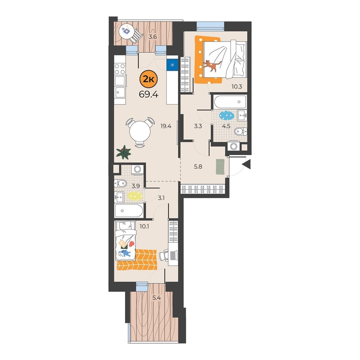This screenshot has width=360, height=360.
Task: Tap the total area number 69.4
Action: coord(148,95)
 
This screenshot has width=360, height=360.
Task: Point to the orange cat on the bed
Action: coord(212,66)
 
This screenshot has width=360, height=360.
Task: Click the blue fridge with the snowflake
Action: coord(172,65)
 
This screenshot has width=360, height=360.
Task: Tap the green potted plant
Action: coord(123,152)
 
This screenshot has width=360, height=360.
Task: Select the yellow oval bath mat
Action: coord(135,196)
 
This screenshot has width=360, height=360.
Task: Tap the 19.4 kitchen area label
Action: coord(166,126)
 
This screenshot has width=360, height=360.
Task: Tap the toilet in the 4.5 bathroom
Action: coord(241,131)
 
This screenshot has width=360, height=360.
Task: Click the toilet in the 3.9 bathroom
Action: coord(120,183)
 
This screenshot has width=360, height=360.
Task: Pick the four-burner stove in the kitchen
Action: coord(120,69)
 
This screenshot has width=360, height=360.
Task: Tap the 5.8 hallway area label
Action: coord(198,166)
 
